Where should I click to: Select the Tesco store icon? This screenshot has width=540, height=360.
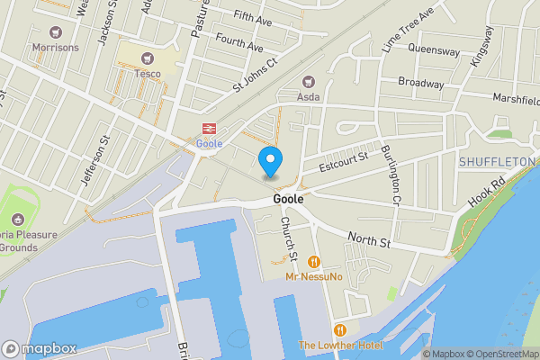[145, 57]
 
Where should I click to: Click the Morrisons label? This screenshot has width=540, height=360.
[55, 47]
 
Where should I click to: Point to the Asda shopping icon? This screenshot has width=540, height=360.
[310, 81]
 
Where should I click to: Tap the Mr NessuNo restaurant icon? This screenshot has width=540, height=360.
[314, 261]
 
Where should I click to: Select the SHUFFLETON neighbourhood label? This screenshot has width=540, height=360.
[497, 162]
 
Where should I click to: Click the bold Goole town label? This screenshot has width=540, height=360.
[287, 199]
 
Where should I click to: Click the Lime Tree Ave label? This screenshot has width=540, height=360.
[407, 29]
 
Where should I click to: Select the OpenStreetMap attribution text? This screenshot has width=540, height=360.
[500, 354]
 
